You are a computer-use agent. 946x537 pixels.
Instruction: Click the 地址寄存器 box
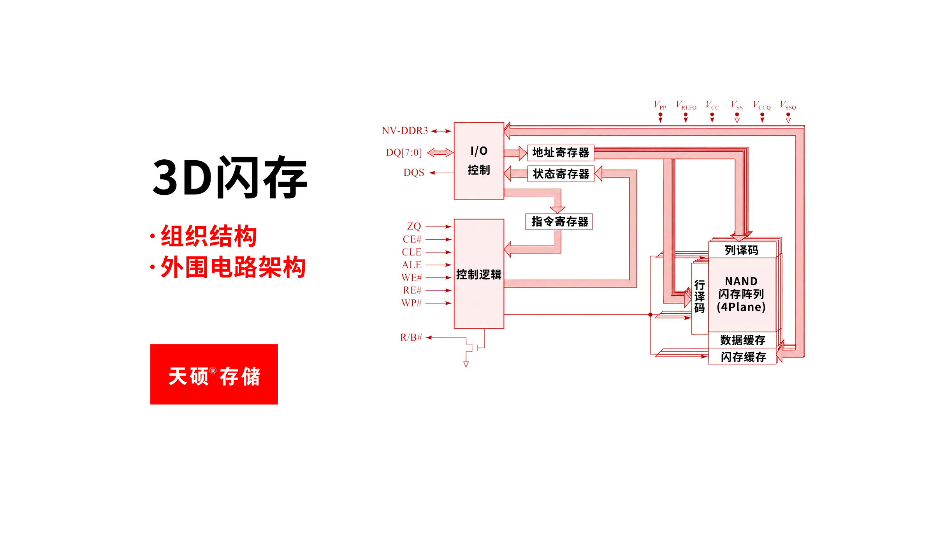[x=561, y=153]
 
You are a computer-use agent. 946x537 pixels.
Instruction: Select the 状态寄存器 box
[x=561, y=174]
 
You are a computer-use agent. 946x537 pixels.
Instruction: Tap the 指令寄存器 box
[x=559, y=222]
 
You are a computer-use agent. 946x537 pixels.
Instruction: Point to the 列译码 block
[x=742, y=250]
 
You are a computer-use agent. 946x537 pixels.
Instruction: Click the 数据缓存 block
[x=742, y=340]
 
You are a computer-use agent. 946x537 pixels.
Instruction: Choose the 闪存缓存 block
[x=742, y=357]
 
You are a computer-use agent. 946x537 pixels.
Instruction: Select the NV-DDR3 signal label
[x=405, y=131]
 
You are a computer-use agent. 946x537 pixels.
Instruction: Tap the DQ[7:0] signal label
[x=404, y=152]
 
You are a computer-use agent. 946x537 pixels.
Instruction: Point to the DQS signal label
[x=414, y=173]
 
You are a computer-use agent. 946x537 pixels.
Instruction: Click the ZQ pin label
[x=414, y=226]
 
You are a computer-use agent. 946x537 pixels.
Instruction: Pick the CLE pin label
[x=411, y=252]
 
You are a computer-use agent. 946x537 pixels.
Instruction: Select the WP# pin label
[x=411, y=303]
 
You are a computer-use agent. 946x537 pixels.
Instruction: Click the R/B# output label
[x=411, y=337]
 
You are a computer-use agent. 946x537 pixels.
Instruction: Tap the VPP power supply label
[x=660, y=105]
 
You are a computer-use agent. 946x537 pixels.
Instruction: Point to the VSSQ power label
[x=788, y=105]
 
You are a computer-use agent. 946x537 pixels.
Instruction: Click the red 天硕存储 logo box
[x=214, y=374]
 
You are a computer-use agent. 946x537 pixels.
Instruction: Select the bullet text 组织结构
[x=209, y=236]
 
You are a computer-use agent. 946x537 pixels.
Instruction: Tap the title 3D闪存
[x=230, y=177]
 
